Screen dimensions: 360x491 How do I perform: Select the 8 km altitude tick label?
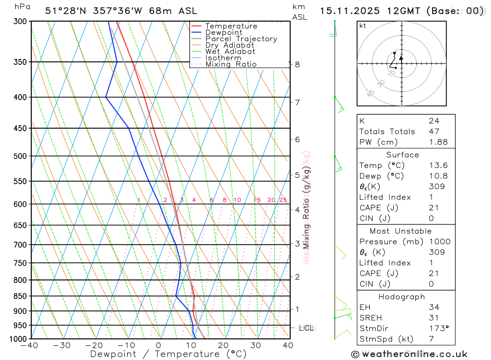tap(297, 64)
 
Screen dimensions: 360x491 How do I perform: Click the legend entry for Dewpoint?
tap(224, 32)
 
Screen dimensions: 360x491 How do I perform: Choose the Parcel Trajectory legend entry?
tap(241, 39)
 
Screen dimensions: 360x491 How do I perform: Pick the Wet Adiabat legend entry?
tap(230, 52)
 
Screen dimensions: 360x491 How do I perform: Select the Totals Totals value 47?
tap(434, 131)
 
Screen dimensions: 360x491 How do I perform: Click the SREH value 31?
tap(434, 318)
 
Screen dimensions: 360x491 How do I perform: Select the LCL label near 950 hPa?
tap(306, 328)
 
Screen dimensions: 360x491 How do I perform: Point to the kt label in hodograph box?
tap(363, 26)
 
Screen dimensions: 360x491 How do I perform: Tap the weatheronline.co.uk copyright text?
tap(409, 354)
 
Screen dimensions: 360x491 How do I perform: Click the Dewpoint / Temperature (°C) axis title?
tap(168, 354)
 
